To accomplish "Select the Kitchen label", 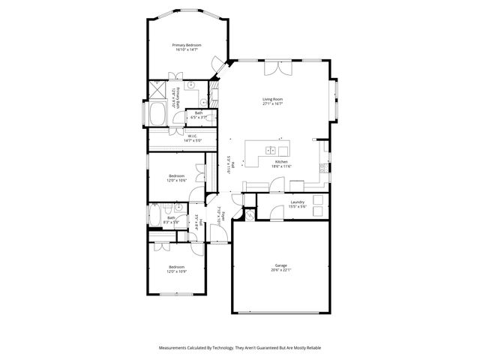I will pos(282,163).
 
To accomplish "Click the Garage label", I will pos(280,265).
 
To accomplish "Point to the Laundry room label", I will pos(297,201).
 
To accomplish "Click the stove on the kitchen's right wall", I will pos(323,166).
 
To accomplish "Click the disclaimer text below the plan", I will pos(239,348).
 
